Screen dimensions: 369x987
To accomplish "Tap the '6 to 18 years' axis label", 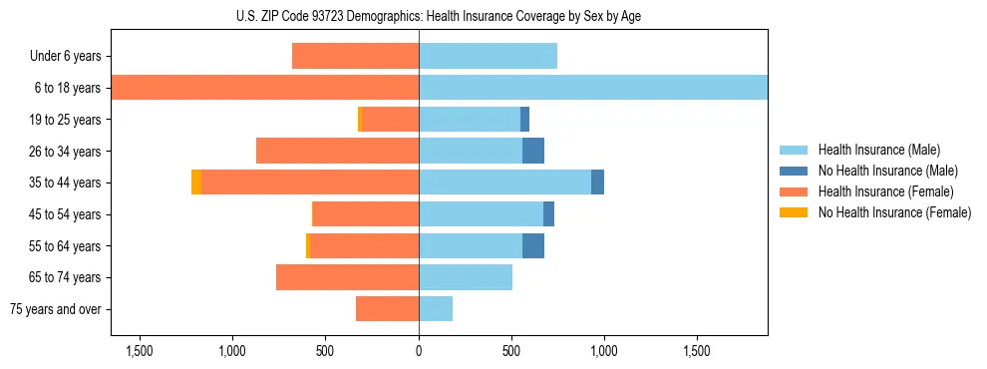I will pos(68,88).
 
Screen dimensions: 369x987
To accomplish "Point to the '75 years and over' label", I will pos(56,309).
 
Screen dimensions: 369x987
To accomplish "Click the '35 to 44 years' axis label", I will pos(66,183).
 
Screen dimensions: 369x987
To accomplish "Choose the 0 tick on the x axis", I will pos(419,351).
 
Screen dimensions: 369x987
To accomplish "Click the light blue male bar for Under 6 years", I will pos(488,57).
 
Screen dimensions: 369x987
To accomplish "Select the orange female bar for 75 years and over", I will pos(387,309).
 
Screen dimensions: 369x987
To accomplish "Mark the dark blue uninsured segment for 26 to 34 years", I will pos(533,151).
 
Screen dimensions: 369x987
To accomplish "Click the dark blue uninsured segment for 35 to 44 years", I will pos(597,183).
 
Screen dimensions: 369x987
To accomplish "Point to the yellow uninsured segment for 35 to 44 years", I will pos(196,183).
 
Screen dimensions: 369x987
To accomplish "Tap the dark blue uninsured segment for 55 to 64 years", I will pos(533,245).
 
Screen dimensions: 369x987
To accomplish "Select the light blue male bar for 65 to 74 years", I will pos(466,277).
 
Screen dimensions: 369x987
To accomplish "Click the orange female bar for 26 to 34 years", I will pos(337,151).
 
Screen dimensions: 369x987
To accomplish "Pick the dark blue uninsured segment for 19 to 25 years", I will pos(524,120).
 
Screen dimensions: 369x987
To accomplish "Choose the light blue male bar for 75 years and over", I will pos(436,309).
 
